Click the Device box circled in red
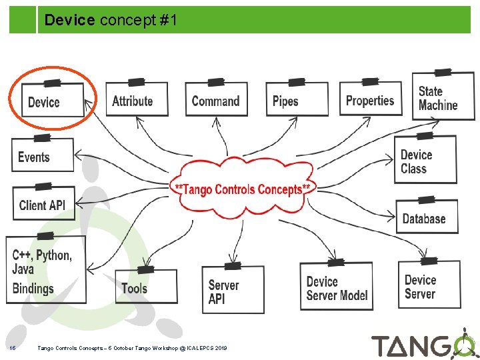click(52, 101)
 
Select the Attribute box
click(136, 100)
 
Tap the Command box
click(215, 100)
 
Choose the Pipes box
click(296, 100)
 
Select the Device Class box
click(425, 161)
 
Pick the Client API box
click(43, 203)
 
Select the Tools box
click(145, 287)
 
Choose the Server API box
click(232, 291)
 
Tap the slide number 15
click(13, 347)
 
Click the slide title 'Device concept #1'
click(111, 21)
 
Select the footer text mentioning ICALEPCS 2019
click(132, 347)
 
